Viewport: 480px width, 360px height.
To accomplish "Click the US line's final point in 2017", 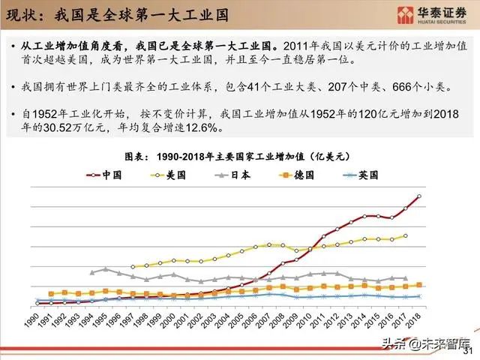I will pyautogui.click(x=406, y=235).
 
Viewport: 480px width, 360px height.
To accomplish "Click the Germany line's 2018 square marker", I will pyautogui.click(x=418, y=285).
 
